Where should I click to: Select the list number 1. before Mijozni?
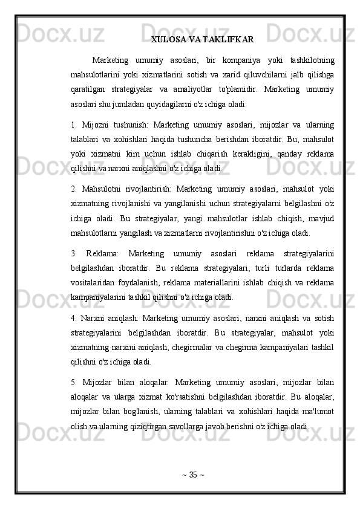[x=73, y=125]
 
